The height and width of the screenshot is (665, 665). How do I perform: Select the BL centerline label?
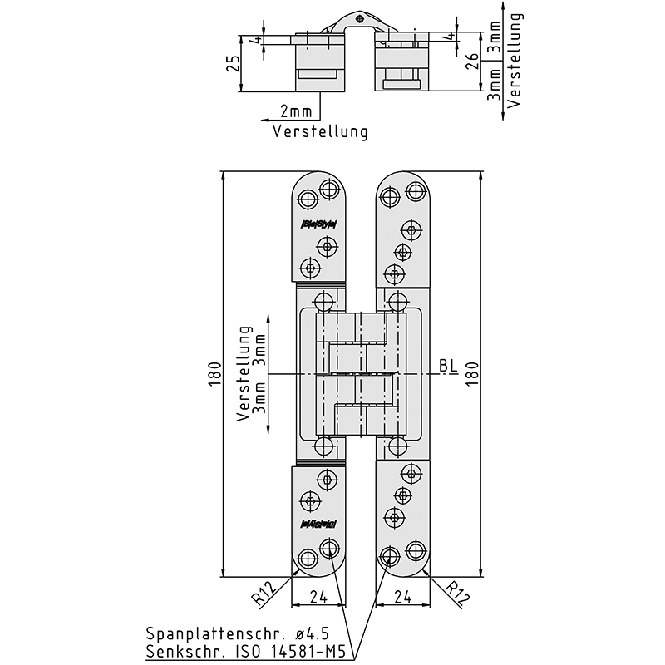pyautogui.click(x=449, y=365)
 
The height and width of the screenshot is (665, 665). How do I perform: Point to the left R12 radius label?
pyautogui.click(x=265, y=592)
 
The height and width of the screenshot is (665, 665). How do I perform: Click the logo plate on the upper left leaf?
pyautogui.click(x=317, y=223)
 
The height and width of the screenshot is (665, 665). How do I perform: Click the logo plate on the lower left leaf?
pyautogui.click(x=317, y=523)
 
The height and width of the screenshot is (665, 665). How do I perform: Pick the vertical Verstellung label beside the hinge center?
pyautogui.click(x=244, y=374)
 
